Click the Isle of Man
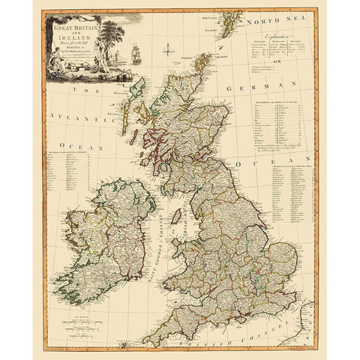(x=177, y=217)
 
